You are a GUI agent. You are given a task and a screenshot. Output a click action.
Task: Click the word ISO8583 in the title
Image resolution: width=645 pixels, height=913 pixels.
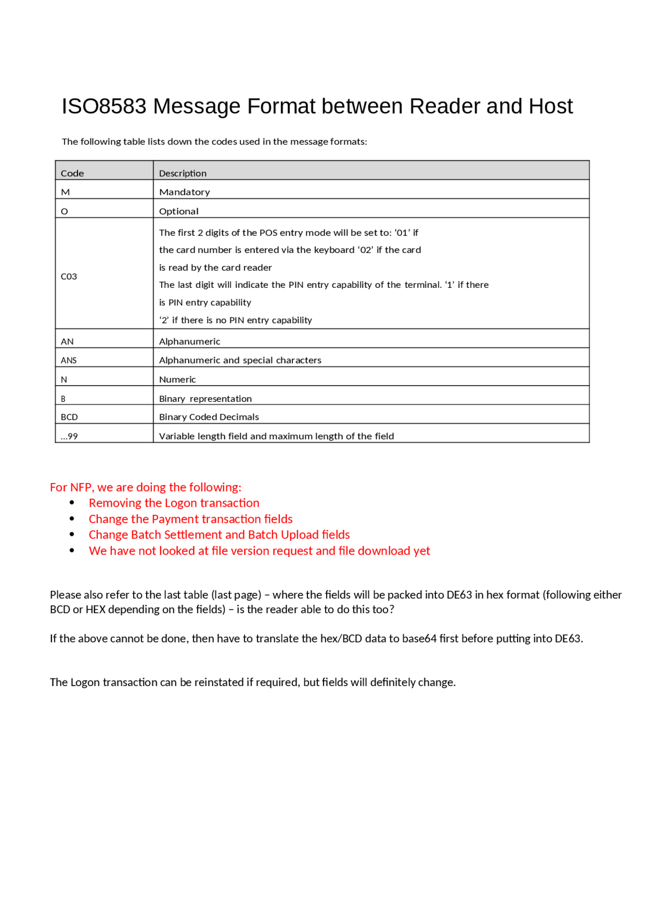coord(104,106)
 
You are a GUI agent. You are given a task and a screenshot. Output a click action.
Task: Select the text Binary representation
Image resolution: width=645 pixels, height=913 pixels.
coord(206,398)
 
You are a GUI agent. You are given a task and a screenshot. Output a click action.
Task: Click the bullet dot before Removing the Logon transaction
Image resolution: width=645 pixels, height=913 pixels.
coord(72,503)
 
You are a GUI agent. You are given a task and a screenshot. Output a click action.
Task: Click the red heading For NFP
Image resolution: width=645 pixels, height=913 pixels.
coord(146,487)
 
